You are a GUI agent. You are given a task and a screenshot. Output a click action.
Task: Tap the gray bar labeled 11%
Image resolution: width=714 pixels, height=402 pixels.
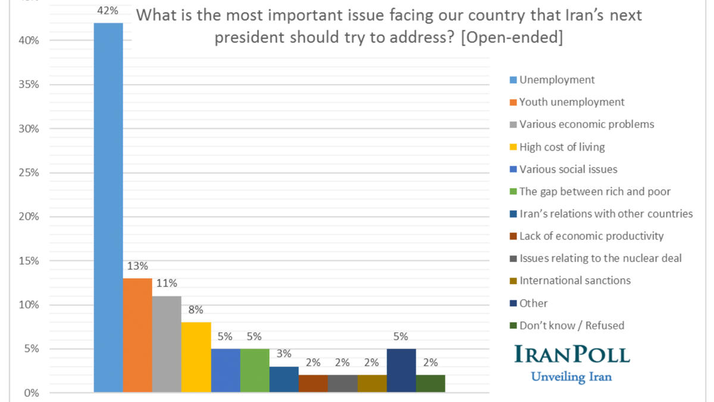[x=167, y=344]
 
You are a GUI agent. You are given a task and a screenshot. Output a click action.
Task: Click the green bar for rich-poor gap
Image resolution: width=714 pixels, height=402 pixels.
[x=255, y=370]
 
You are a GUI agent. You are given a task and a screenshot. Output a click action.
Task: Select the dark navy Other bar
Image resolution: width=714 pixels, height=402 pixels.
[x=401, y=370]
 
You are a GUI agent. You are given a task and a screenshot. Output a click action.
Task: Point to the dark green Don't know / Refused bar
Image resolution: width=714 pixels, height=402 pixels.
[x=430, y=384]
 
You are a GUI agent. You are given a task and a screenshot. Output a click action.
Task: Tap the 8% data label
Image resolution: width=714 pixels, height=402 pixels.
[x=196, y=310]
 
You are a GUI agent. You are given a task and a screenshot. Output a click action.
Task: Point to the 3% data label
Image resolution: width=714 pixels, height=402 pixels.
[x=284, y=354]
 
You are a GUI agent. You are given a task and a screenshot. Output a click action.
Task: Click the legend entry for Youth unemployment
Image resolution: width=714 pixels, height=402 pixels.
[x=571, y=102]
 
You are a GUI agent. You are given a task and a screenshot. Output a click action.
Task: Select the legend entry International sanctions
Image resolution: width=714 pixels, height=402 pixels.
[x=574, y=281]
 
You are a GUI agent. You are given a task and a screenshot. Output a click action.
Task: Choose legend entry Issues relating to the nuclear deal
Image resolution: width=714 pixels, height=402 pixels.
[x=600, y=258]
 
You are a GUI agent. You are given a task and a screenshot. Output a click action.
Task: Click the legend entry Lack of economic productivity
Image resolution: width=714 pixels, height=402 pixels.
[x=591, y=236]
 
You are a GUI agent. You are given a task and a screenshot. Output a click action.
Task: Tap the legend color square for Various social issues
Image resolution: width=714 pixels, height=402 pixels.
[x=513, y=170]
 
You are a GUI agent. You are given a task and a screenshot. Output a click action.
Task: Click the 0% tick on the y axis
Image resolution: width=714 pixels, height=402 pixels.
[x=30, y=393]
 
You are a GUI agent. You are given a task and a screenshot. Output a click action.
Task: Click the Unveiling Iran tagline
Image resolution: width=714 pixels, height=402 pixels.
[x=571, y=376]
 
